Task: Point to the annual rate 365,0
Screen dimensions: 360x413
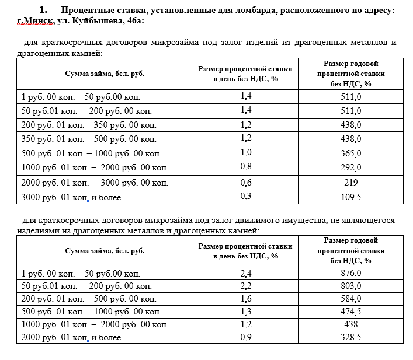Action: click(x=351, y=153)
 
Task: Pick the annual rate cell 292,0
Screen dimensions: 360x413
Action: click(x=351, y=168)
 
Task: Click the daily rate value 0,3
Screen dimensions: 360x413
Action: click(x=246, y=196)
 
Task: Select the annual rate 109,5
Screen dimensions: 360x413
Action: click(x=351, y=197)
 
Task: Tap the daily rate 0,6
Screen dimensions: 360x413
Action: click(x=246, y=181)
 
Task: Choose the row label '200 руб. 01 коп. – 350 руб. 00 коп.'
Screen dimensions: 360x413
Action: click(x=88, y=125)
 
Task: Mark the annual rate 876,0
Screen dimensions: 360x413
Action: click(x=351, y=272)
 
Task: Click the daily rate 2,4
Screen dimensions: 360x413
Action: click(x=246, y=272)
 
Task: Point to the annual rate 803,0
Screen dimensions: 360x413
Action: click(x=351, y=286)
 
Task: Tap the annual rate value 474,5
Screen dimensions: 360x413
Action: click(x=351, y=312)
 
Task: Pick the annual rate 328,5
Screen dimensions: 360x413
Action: click(x=351, y=337)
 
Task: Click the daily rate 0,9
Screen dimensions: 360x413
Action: click(x=246, y=337)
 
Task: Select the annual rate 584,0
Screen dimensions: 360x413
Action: click(x=351, y=299)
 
